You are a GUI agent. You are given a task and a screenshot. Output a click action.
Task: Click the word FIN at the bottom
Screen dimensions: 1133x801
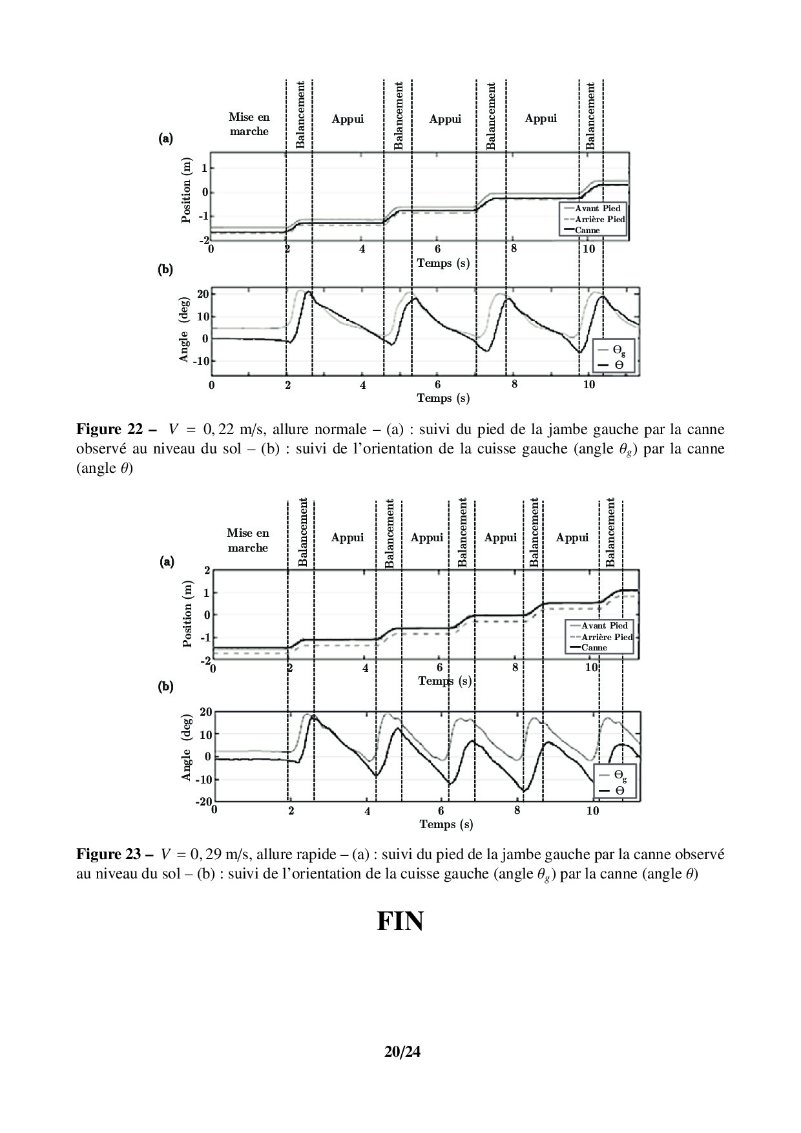pos(400,922)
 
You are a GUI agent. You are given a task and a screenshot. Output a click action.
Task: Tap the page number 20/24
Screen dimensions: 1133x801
pos(402,1052)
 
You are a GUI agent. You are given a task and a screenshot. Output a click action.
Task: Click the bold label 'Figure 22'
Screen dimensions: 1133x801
pos(109,430)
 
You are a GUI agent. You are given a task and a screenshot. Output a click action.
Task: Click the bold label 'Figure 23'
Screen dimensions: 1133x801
pos(109,854)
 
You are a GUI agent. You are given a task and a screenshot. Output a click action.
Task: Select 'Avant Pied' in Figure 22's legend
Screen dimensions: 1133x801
pos(598,209)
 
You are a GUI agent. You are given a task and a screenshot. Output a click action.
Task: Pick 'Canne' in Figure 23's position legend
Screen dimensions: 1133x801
pos(594,647)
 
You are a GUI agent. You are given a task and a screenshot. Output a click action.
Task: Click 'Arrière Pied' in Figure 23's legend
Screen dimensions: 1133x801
pos(607,637)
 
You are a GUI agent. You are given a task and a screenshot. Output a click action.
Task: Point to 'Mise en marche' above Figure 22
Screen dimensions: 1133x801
pos(249,124)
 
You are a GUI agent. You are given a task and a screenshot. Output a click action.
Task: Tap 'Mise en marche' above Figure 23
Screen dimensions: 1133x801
pos(247,540)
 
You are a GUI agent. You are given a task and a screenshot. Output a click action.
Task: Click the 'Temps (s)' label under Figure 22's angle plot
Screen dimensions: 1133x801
pos(443,398)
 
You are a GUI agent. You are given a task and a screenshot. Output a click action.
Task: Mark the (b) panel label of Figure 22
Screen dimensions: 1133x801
pos(165,270)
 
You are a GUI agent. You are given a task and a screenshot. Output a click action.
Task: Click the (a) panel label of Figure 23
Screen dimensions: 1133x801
pos(167,562)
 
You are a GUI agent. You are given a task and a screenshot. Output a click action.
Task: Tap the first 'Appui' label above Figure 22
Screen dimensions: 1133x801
pos(348,119)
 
